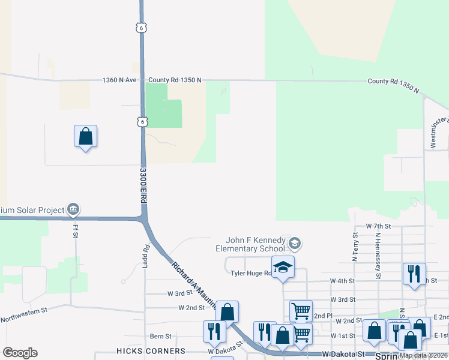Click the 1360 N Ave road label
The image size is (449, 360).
(120, 80)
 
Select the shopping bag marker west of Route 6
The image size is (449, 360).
(86, 137)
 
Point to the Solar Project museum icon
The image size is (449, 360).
(73, 209)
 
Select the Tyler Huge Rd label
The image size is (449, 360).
(250, 273)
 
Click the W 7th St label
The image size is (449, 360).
(378, 226)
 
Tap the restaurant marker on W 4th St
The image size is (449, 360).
(414, 274)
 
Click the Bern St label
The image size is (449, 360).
(160, 336)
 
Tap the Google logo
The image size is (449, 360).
(20, 353)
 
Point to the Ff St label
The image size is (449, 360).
(76, 229)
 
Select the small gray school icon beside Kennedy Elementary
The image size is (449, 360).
(294, 244)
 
